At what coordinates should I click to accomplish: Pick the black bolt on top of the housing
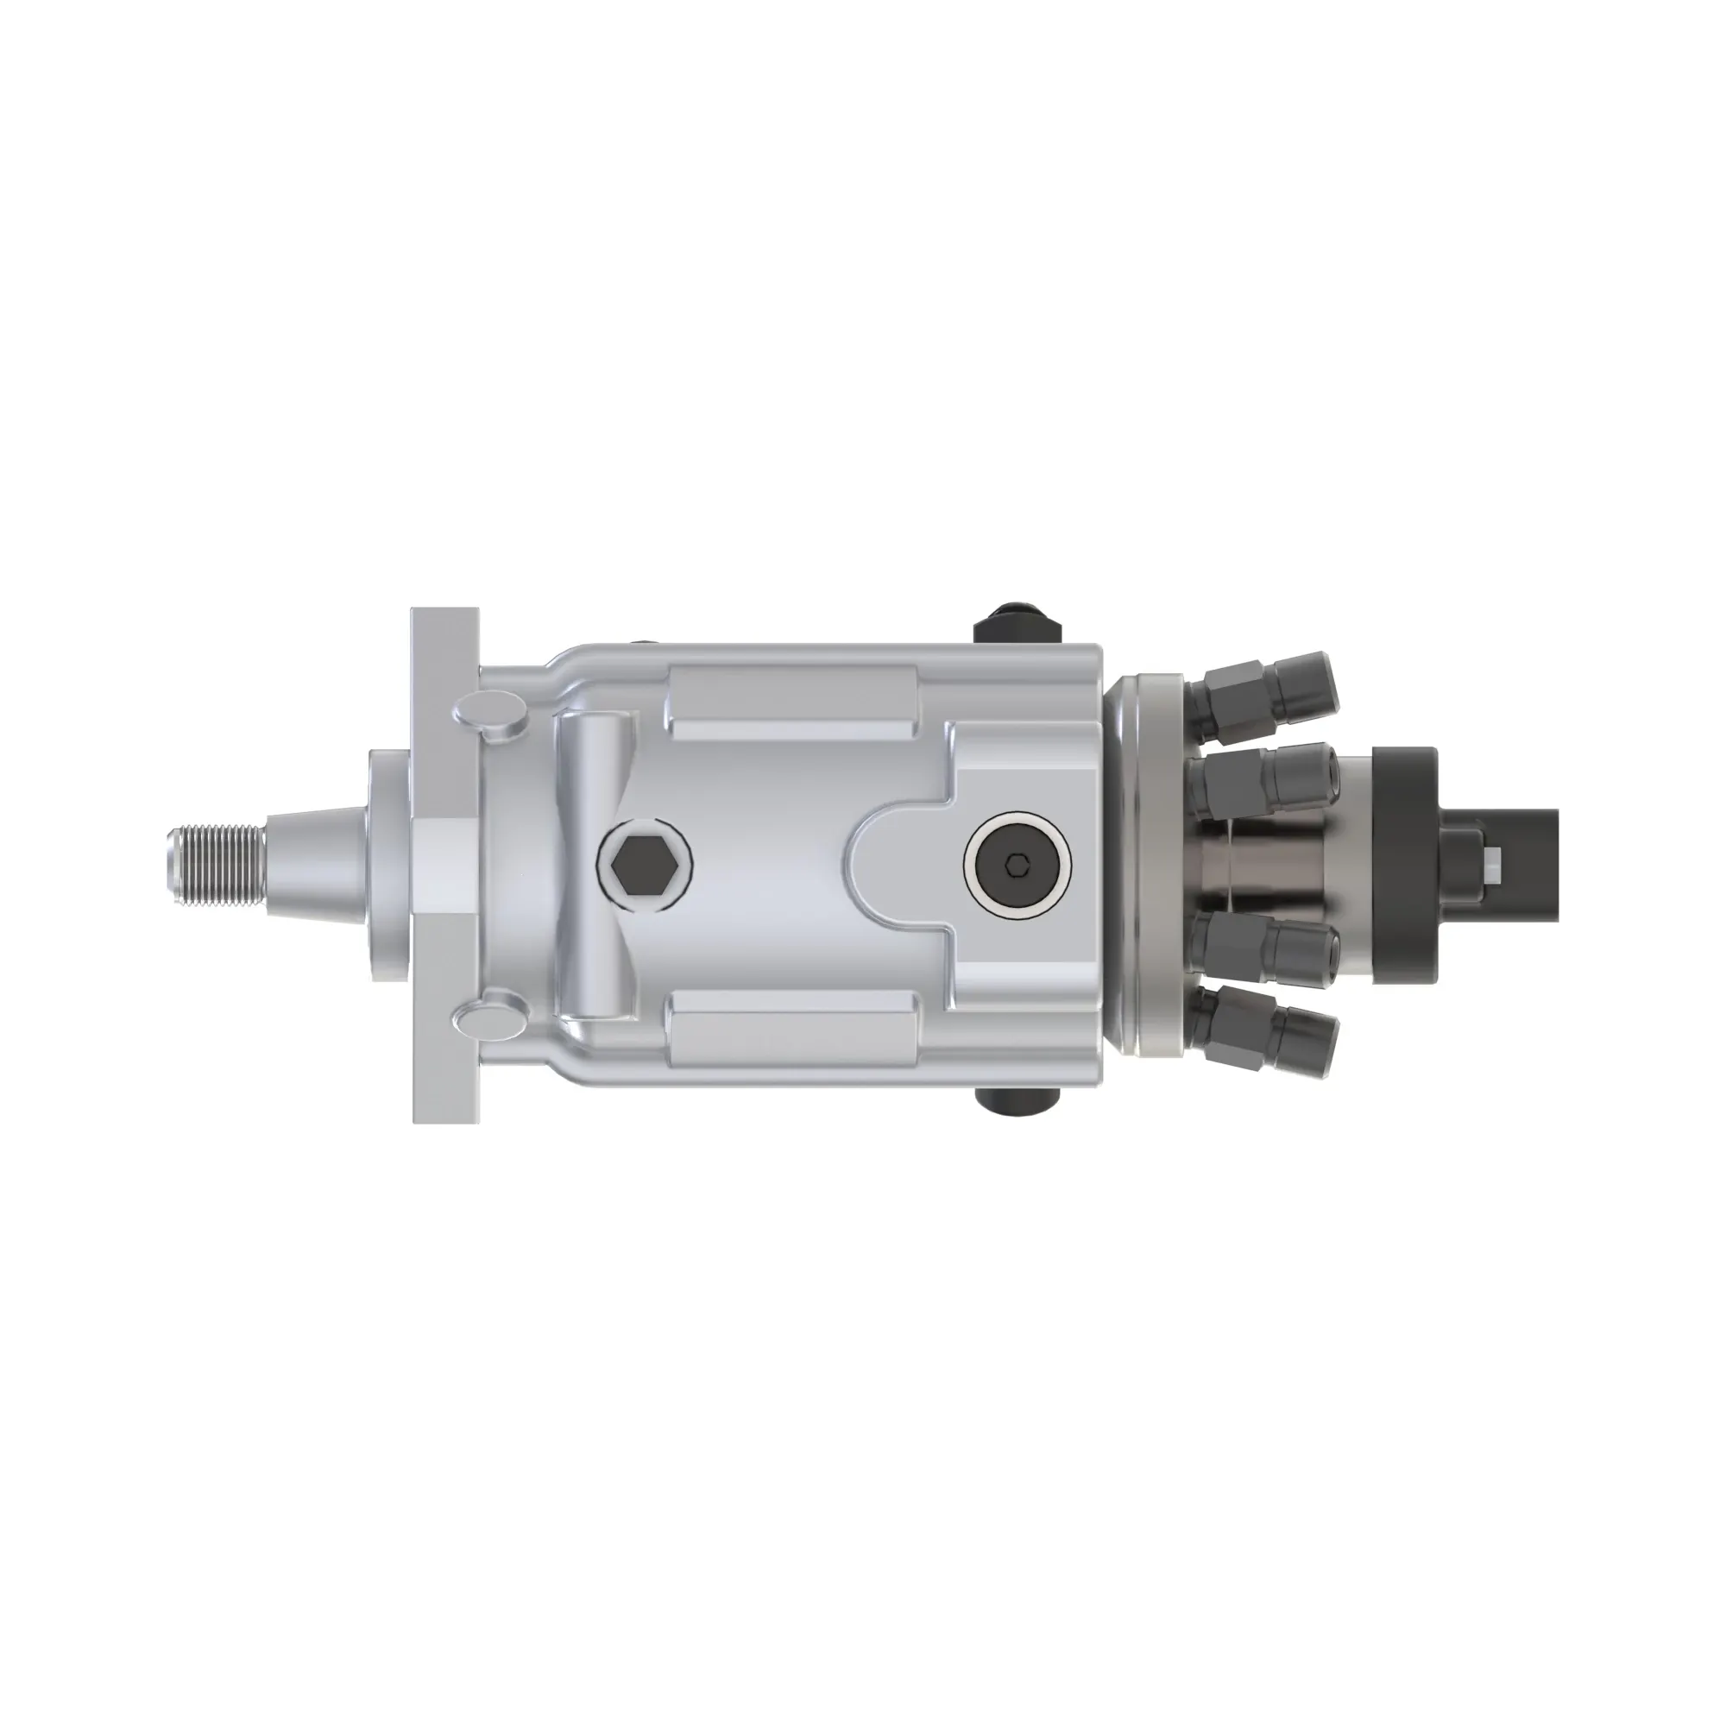[x=1016, y=625]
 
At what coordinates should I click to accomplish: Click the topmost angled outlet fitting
[x=1269, y=687]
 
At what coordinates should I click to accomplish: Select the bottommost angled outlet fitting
[x=1269, y=1036]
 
